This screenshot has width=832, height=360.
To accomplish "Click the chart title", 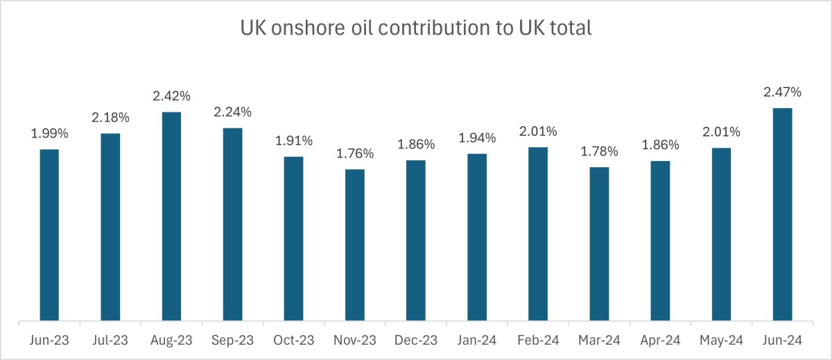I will tap(415, 28).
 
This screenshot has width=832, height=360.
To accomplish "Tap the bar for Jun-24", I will tap(782, 214).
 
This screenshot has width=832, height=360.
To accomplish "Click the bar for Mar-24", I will tap(599, 244).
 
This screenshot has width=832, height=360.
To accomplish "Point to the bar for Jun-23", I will tap(49, 235).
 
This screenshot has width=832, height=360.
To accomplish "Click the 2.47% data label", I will tap(782, 92).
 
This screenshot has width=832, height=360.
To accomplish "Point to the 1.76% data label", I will tap(354, 153).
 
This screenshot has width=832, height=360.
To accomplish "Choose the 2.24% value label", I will tap(232, 112).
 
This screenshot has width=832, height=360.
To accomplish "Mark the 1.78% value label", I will tap(599, 151).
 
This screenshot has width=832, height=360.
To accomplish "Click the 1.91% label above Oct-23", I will tap(293, 141).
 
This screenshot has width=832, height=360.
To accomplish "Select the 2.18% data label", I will tap(110, 118).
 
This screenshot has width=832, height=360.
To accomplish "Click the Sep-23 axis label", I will tap(232, 342).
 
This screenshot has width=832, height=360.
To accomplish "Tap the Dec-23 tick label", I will tap(415, 342).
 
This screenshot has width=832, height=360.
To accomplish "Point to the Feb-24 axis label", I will tap(538, 342).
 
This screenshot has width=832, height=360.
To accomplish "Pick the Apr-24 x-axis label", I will tap(660, 342).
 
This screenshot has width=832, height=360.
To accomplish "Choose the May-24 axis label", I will tap(721, 342).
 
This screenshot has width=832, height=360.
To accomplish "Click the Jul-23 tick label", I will tap(110, 342).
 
